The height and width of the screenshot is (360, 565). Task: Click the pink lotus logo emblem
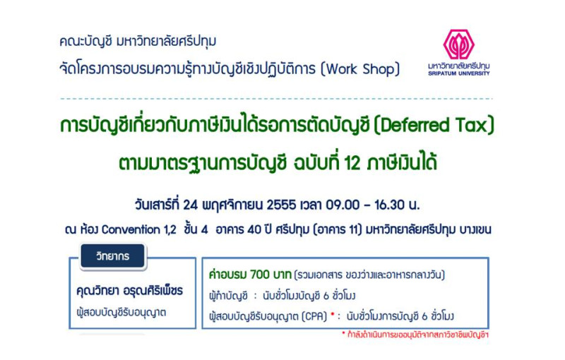458,44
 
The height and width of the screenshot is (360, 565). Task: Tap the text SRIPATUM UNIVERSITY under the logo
458,73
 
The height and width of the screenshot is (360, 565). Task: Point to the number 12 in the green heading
352,163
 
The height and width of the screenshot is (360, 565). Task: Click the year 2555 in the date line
281,205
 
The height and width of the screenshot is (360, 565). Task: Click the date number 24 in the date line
190,205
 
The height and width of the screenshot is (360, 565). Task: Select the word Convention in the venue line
131,229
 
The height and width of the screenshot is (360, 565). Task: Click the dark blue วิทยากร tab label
113,256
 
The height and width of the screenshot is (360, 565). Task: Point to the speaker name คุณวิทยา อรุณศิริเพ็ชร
129,291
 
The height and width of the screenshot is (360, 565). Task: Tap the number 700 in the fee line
260,275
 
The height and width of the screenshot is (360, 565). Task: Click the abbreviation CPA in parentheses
314,316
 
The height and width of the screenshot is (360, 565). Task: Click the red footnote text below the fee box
415,335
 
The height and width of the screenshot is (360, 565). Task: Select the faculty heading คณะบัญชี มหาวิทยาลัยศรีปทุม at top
138,41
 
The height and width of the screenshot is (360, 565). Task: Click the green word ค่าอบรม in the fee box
227,275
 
